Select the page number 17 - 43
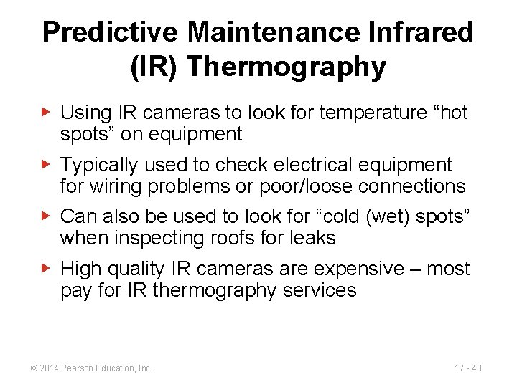467,368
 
